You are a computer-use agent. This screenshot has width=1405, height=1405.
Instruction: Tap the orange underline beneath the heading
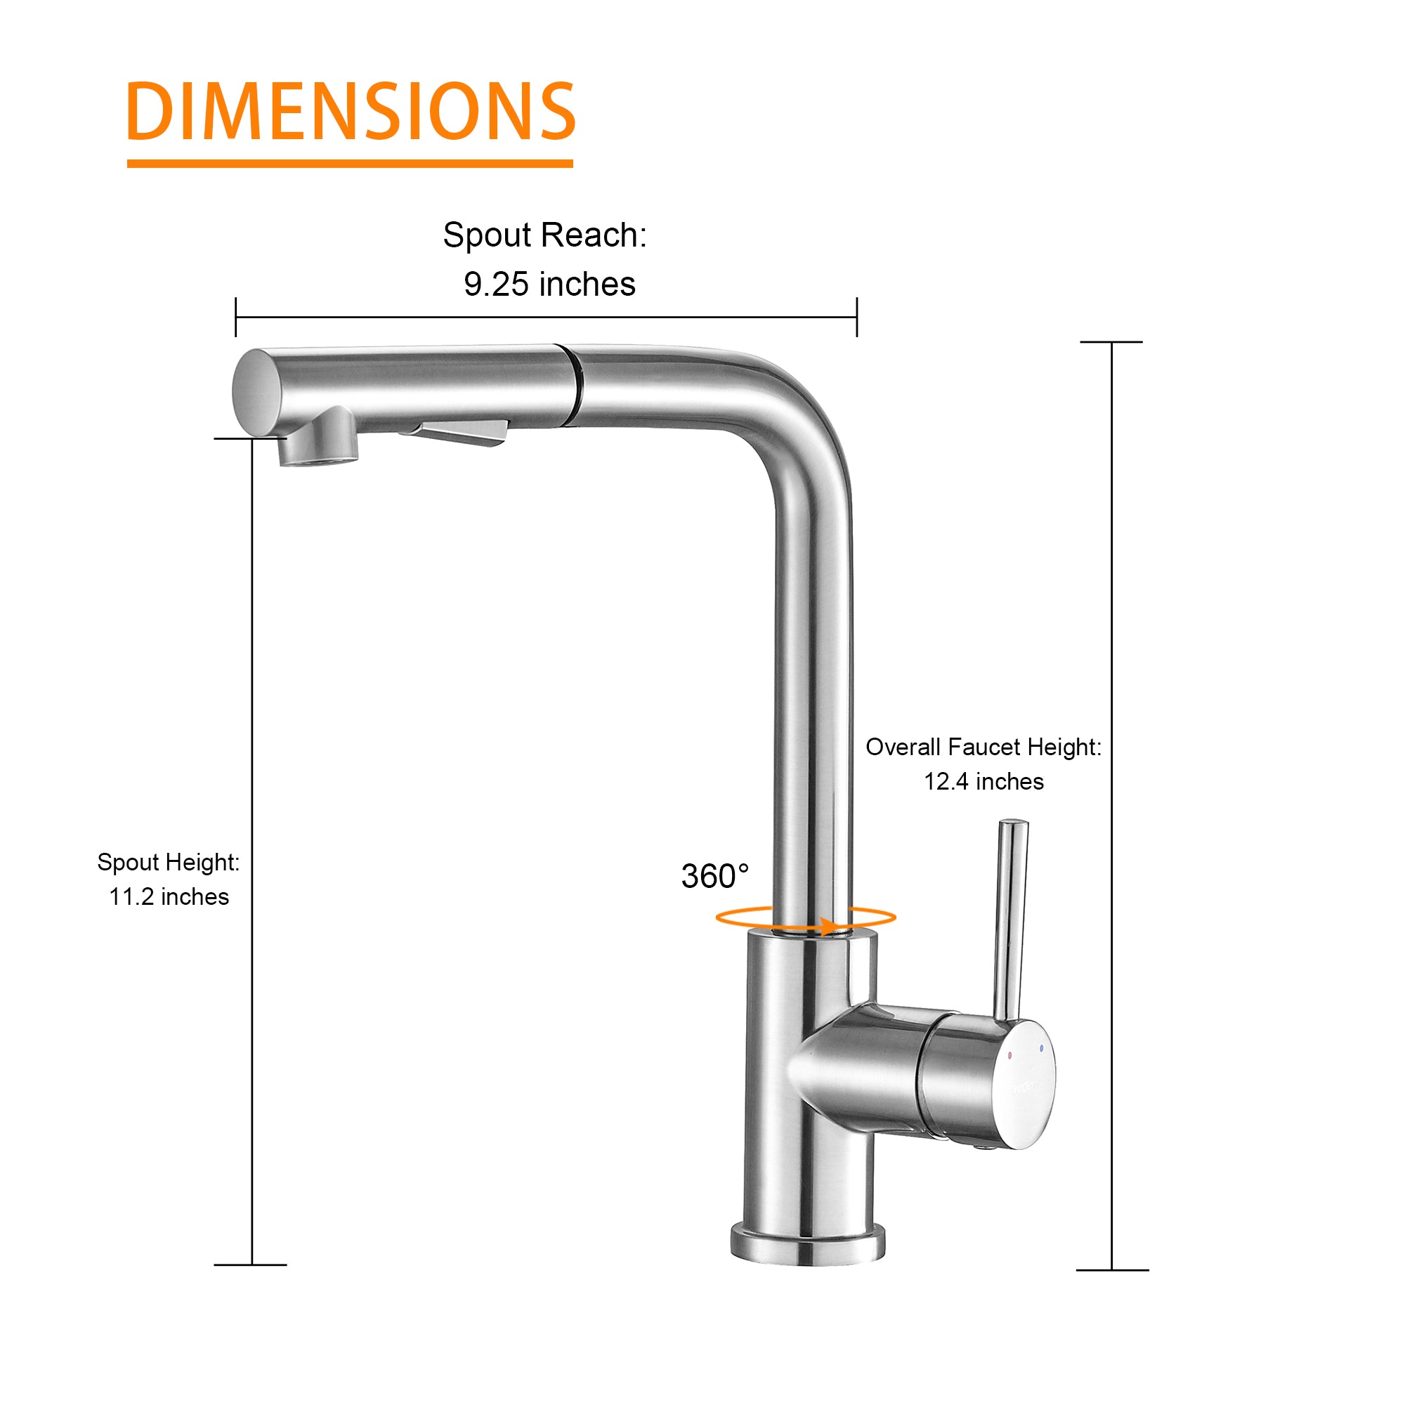349,164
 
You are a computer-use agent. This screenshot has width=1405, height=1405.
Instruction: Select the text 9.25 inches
549,285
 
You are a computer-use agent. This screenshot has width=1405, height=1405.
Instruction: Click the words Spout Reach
544,235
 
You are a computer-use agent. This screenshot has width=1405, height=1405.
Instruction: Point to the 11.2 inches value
169,896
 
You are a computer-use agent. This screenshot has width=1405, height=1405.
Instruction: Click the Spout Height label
168,863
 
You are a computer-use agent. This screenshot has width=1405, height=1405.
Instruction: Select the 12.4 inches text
983,782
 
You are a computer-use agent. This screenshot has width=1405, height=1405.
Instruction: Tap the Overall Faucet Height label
983,747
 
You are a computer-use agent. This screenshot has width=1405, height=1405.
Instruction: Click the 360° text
714,876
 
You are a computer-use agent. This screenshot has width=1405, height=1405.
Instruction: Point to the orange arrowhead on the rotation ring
828,927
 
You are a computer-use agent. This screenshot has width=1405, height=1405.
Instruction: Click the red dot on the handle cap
1010,1054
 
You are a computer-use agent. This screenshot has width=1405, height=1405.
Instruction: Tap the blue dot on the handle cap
1042,1049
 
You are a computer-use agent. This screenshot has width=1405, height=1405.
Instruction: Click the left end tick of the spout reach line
235,317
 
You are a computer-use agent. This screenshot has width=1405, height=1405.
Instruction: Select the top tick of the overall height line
1111,342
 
